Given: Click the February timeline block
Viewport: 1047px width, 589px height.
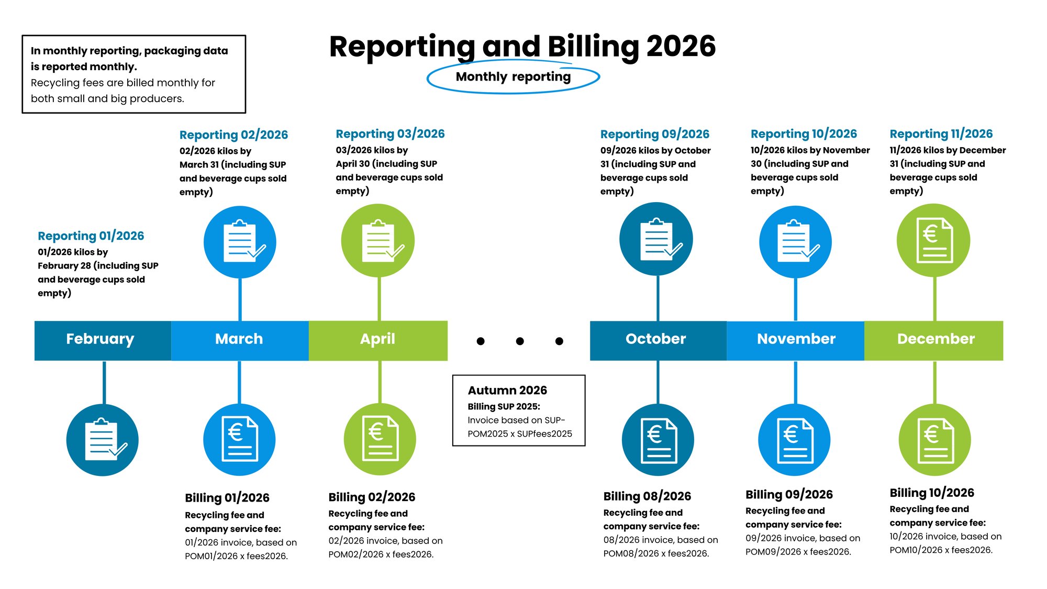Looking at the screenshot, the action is coord(103,340).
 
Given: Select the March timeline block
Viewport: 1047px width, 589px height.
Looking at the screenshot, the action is coord(240,340).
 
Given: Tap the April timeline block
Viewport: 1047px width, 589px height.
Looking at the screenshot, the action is coord(378,340).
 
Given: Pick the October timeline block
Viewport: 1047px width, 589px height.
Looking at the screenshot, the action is coord(658,340).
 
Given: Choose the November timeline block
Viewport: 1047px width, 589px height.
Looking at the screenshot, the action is coord(795,340).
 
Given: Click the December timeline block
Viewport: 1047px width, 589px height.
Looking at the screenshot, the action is coord(934,340).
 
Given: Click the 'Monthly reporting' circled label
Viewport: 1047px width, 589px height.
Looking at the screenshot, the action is coord(513,77).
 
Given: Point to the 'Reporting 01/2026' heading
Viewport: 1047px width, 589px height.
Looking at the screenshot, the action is coord(91,236).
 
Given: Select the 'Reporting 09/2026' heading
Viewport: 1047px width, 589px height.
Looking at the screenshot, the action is coord(655,134).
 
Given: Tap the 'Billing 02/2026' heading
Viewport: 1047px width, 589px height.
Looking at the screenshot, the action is coord(372,497).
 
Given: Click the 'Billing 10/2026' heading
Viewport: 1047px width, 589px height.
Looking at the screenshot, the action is coord(932,493).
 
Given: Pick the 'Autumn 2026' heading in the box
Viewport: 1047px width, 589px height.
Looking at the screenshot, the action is coord(507,390).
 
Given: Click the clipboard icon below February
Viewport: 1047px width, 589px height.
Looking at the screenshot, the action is coord(103,440).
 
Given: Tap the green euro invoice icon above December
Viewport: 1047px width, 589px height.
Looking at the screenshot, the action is coord(933,240).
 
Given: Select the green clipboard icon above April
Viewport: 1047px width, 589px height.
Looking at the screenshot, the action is coord(378,241).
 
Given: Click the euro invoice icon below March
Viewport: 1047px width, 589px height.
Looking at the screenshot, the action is coord(239,440).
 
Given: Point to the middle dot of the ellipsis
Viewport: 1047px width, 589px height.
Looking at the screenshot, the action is coord(520,341).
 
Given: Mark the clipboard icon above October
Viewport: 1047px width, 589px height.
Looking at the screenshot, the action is coord(656,239).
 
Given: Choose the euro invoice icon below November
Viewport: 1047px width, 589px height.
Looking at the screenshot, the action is coord(795,440).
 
